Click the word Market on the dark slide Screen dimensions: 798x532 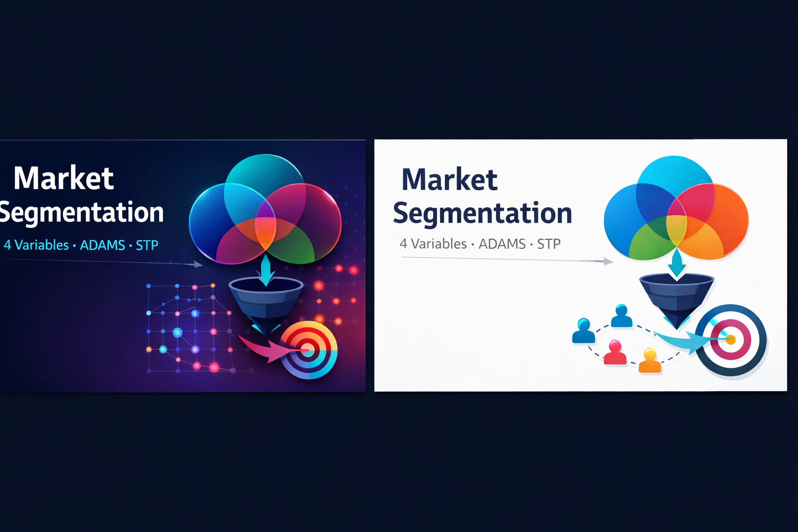click(x=63, y=178)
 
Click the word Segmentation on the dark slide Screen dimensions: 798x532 click(x=81, y=212)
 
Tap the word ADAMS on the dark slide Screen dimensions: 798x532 click(x=102, y=245)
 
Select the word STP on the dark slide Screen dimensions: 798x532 click(x=147, y=245)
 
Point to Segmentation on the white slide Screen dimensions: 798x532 click(x=482, y=214)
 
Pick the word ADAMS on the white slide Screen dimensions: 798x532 click(x=502, y=244)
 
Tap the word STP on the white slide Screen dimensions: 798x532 click(x=549, y=244)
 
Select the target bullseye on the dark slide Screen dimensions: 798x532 click(x=309, y=350)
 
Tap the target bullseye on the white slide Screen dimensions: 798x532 click(x=730, y=340)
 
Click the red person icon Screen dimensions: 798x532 click(x=615, y=352)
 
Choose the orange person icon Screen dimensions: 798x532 click(x=650, y=361)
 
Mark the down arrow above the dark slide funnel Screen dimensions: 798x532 click(x=266, y=270)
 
